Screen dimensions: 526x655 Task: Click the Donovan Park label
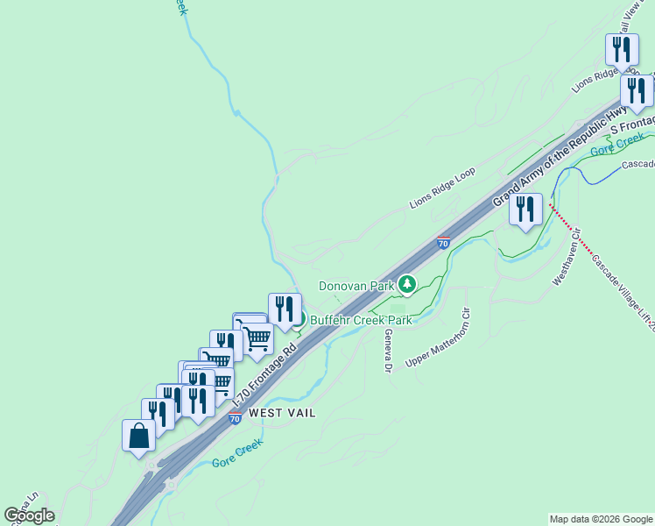click(356, 286)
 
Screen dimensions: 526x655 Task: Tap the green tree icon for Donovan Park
click(407, 284)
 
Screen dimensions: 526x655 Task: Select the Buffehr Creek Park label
click(361, 320)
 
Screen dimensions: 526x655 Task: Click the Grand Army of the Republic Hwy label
click(560, 158)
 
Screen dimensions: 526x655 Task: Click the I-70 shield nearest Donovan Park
click(443, 243)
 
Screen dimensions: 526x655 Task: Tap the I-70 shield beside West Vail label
click(235, 418)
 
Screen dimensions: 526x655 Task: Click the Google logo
click(29, 515)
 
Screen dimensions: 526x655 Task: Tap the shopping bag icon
click(139, 435)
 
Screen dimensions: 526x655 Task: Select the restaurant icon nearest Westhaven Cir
click(525, 210)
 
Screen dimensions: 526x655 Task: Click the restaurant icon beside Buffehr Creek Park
click(285, 309)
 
